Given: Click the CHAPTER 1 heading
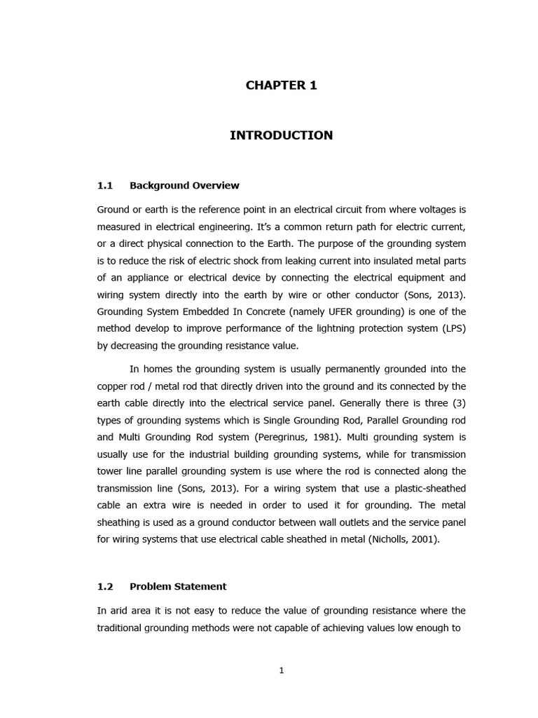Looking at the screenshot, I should click(281, 86).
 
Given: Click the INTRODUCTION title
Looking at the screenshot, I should click(281, 135).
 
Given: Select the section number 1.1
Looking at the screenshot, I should click(105, 186).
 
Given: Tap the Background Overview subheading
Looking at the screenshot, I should click(184, 186).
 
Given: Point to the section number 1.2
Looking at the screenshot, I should click(105, 586).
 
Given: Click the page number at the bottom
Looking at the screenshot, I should click(282, 670).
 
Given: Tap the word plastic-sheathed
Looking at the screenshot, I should click(429, 488).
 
